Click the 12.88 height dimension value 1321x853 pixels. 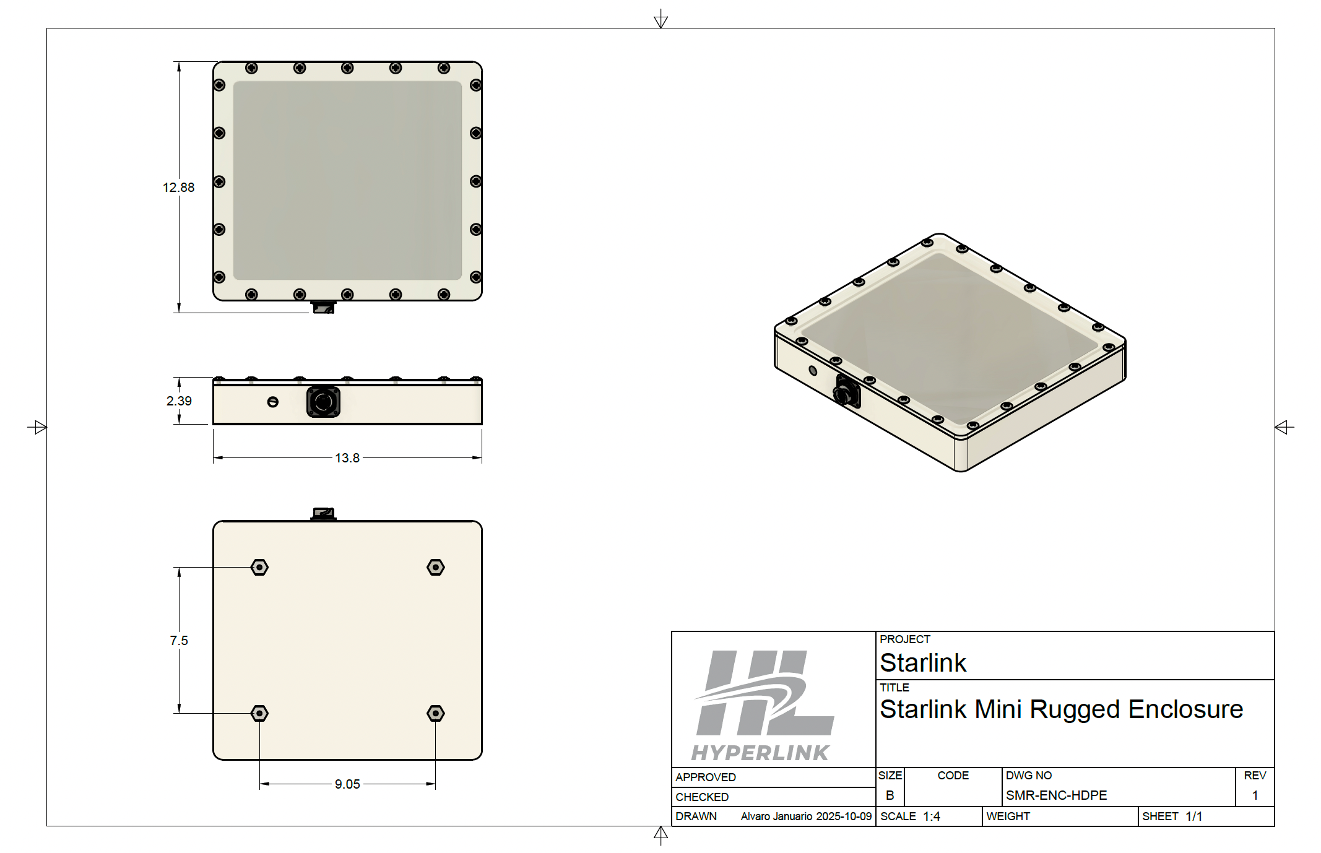[x=178, y=188]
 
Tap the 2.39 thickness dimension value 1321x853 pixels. [x=179, y=401]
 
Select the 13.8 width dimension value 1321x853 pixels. [x=347, y=458]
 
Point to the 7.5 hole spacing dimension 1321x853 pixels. [x=179, y=641]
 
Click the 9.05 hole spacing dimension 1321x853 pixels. [x=347, y=784]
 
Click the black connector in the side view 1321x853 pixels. [x=323, y=402]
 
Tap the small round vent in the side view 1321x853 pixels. [x=272, y=402]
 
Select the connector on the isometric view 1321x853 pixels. [x=846, y=391]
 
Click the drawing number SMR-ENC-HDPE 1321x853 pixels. [x=1056, y=795]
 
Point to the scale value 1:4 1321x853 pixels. [x=931, y=816]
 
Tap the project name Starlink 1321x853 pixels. [x=922, y=663]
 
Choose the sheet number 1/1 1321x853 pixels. [x=1193, y=816]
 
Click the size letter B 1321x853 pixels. [x=890, y=795]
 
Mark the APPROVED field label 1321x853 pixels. [x=706, y=777]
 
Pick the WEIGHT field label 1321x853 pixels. [x=1008, y=816]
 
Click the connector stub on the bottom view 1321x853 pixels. [x=323, y=514]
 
